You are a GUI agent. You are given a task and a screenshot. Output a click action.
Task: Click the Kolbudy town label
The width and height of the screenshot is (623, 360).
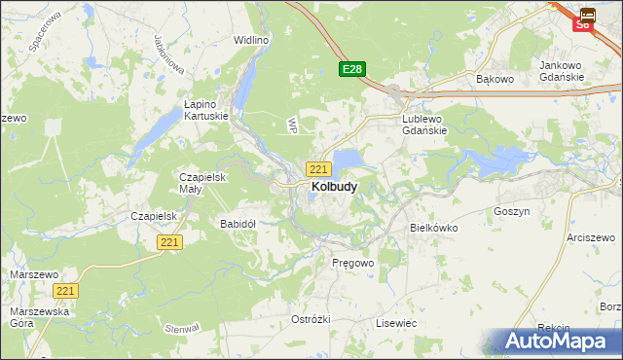pyautogui.click(x=333, y=186)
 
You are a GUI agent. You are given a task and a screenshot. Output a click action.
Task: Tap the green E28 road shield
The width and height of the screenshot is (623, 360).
pyautogui.click(x=352, y=69)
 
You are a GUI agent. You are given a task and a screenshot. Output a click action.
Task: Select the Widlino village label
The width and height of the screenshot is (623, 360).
pyautogui.click(x=250, y=41)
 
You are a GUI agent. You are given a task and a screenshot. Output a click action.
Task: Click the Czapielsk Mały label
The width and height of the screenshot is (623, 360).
pyautogui.click(x=202, y=183)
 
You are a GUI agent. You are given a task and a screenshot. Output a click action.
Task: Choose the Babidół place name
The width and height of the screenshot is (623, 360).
pyautogui.click(x=238, y=223)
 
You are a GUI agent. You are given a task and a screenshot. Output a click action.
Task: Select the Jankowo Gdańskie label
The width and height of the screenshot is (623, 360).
pyautogui.click(x=561, y=71)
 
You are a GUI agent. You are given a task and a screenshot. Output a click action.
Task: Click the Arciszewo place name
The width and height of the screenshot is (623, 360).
pyautogui.click(x=594, y=236)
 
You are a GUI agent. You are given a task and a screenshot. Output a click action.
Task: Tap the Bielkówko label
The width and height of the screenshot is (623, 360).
pyautogui.click(x=434, y=227)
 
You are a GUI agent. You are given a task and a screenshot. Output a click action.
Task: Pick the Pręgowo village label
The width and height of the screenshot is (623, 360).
pyautogui.click(x=352, y=263)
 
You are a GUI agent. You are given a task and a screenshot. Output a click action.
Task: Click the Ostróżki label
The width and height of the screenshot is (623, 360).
pyautogui.click(x=311, y=319)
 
